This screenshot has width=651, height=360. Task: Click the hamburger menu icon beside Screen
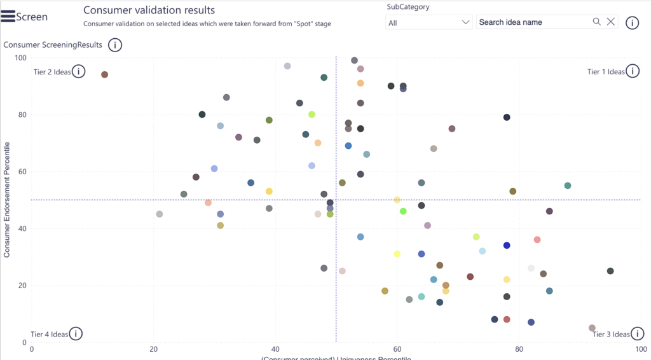pyautogui.click(x=8, y=17)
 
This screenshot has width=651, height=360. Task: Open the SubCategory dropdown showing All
pyautogui.click(x=428, y=22)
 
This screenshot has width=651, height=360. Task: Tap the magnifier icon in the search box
pyautogui.click(x=597, y=22)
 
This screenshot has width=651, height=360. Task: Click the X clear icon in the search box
pyautogui.click(x=611, y=22)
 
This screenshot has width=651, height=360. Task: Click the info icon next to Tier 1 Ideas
pyautogui.click(x=633, y=71)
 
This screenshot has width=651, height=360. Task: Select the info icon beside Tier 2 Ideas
pyautogui.click(x=78, y=71)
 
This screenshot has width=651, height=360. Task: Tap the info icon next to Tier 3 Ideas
pyautogui.click(x=637, y=334)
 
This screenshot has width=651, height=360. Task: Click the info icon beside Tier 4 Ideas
pyautogui.click(x=76, y=334)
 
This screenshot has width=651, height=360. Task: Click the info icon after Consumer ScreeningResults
pyautogui.click(x=115, y=45)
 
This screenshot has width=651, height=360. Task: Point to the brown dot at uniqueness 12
pyautogui.click(x=105, y=74)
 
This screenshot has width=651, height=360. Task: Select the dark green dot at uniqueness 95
pyautogui.click(x=610, y=271)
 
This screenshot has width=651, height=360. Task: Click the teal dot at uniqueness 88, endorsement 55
pyautogui.click(x=568, y=186)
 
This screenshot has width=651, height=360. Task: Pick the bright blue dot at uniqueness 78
pyautogui.click(x=507, y=246)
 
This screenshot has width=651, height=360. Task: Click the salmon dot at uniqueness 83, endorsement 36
pyautogui.click(x=537, y=240)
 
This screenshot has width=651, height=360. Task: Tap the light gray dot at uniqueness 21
pyautogui.click(x=160, y=214)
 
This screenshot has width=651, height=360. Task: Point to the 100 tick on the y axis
pyautogui.click(x=21, y=58)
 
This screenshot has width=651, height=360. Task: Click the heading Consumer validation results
pyautogui.click(x=149, y=10)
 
